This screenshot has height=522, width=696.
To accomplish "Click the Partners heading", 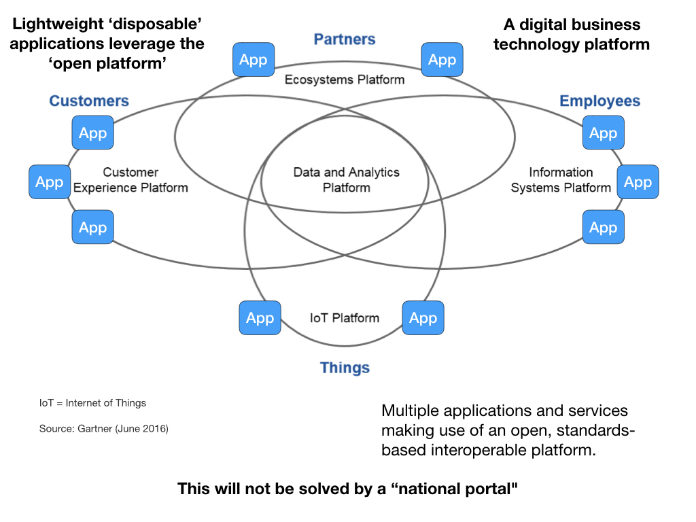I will pyautogui.click(x=345, y=39).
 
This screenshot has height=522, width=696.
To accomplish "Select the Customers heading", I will pyautogui.click(x=89, y=101).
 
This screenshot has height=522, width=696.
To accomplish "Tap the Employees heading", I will pyautogui.click(x=599, y=101).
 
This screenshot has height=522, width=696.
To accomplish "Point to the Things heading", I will pyautogui.click(x=345, y=368).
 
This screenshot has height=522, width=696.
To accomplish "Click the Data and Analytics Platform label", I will pyautogui.click(x=346, y=179).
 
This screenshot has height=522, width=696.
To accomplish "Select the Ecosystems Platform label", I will pyautogui.click(x=345, y=80).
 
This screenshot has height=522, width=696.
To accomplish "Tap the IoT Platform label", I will pyautogui.click(x=345, y=317).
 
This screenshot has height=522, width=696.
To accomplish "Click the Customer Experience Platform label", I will pyautogui.click(x=130, y=179).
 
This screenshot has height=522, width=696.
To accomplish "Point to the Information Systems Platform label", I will pyautogui.click(x=561, y=179).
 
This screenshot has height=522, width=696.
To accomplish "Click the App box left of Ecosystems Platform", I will pyautogui.click(x=254, y=60).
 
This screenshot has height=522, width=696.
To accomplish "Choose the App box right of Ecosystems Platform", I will pyautogui.click(x=442, y=60).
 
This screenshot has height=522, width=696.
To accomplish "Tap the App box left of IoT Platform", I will pyautogui.click(x=260, y=318).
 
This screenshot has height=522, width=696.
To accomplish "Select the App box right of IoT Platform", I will pyautogui.click(x=423, y=318).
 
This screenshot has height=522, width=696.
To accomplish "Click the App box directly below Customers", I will pyautogui.click(x=93, y=133).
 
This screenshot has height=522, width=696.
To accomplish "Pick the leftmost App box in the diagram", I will pyautogui.click(x=50, y=182).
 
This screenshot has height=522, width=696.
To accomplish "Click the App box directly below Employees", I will pyautogui.click(x=603, y=133).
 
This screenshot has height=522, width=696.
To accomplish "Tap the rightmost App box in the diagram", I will pyautogui.click(x=638, y=182).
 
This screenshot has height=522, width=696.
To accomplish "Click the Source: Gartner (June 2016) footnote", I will pyautogui.click(x=104, y=429).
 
